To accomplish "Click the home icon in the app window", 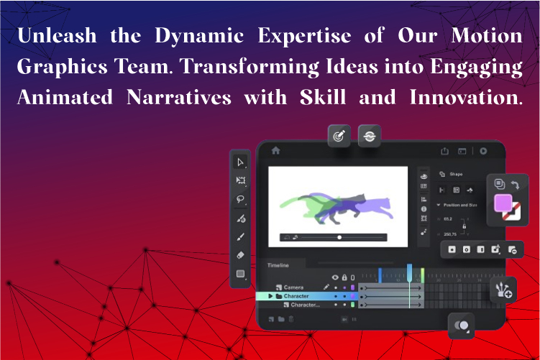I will click(275, 151).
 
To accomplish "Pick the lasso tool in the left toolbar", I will click(241, 199).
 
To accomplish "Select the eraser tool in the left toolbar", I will click(241, 254).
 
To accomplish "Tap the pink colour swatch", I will click(503, 203).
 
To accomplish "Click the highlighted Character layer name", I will click(296, 296).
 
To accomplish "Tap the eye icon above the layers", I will click(334, 277).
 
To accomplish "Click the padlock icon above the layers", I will click(344, 277).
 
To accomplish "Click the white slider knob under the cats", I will click(339, 236).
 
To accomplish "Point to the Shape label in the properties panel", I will click(456, 174).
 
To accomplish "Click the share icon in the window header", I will click(444, 151).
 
